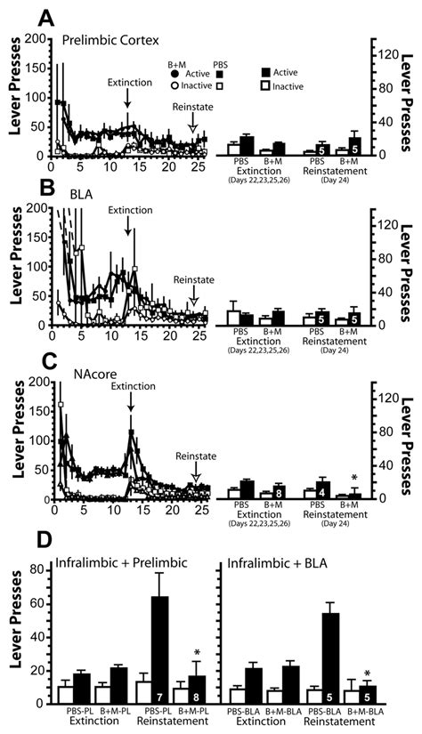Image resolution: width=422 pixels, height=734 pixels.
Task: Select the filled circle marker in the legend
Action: point(175,77)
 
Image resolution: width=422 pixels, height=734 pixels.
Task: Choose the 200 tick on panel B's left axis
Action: point(37,206)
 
